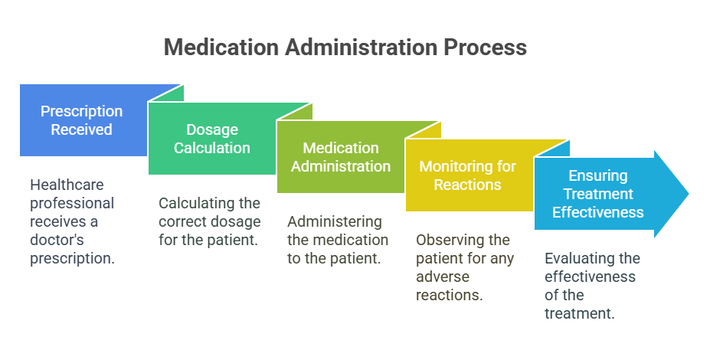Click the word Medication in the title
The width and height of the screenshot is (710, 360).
coord(221,47)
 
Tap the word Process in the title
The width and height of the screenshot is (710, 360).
coord(485,47)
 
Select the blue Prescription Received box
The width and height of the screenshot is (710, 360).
coord(83,120)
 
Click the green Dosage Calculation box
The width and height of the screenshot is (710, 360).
coord(212,139)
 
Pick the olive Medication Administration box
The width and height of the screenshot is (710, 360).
coord(341,157)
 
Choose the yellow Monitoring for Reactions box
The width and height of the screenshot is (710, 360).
coord(469,175)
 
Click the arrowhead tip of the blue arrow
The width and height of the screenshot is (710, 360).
coord(689,194)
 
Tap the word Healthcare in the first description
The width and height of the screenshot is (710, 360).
coord(67,185)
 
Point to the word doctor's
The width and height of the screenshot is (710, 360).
coord(57,240)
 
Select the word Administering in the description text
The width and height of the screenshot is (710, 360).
coord(335,222)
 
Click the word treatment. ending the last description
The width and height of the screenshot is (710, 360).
coord(580,313)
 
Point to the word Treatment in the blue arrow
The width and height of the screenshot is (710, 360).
coord(598,194)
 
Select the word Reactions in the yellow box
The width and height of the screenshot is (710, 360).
coord(468,185)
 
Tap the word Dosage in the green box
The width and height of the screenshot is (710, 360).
coord(212,130)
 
